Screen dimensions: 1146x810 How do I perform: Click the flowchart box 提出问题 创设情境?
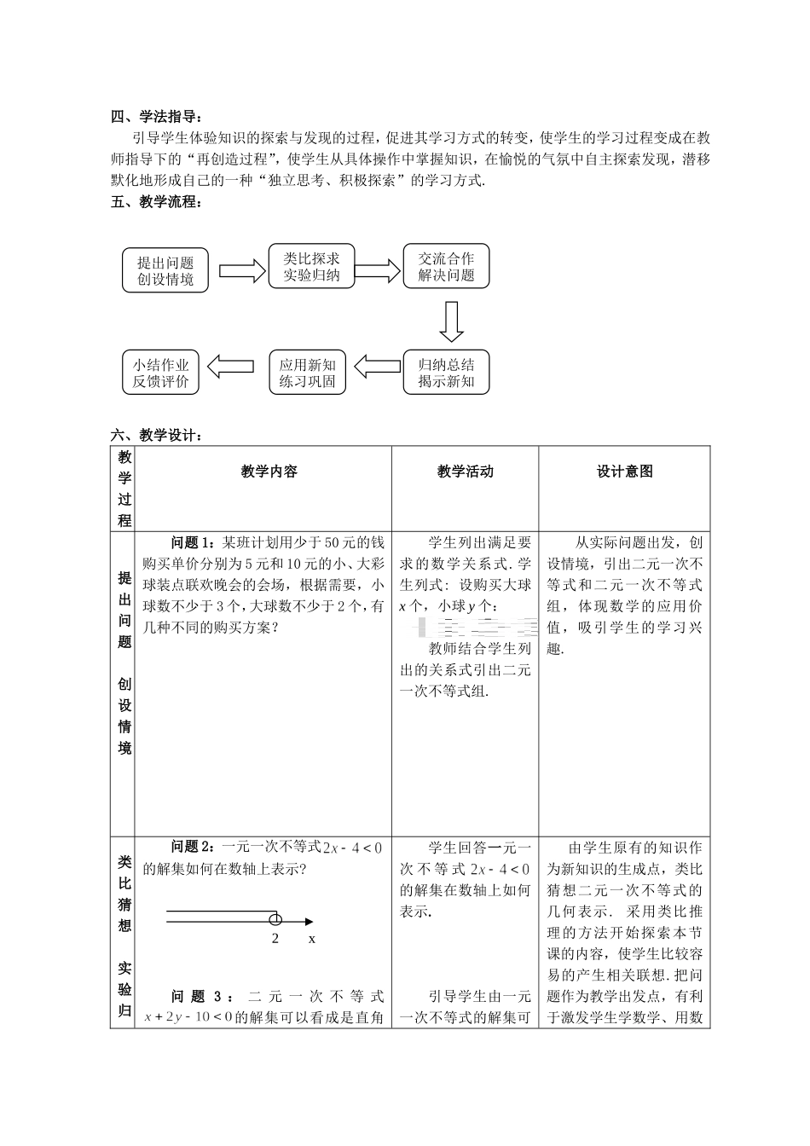click(x=165, y=271)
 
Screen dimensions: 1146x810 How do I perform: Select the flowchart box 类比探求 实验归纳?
click(x=311, y=266)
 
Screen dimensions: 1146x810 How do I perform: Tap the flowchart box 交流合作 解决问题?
click(x=446, y=266)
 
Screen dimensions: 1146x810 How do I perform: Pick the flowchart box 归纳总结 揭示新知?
click(x=446, y=373)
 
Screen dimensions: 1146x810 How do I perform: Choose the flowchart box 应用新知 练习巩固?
click(x=307, y=373)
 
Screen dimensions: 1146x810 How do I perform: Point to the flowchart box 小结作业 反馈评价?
click(x=160, y=373)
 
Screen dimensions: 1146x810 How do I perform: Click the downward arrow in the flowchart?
click(x=451, y=321)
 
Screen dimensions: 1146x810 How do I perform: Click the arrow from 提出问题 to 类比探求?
click(x=242, y=270)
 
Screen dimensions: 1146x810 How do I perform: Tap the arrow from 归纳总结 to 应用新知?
click(x=377, y=367)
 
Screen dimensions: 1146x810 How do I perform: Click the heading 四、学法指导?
click(x=158, y=117)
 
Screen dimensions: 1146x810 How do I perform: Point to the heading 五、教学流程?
click(x=158, y=202)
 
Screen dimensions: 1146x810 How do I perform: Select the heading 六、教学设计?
click(x=158, y=436)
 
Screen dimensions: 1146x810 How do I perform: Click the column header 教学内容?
click(x=269, y=472)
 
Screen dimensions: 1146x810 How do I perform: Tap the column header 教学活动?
click(x=465, y=472)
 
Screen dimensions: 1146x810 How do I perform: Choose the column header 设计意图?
click(x=624, y=472)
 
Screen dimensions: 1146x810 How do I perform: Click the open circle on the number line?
click(x=275, y=919)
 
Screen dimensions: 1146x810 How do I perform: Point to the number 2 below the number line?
click(x=275, y=938)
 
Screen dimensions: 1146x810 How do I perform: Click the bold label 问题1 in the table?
click(x=194, y=542)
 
